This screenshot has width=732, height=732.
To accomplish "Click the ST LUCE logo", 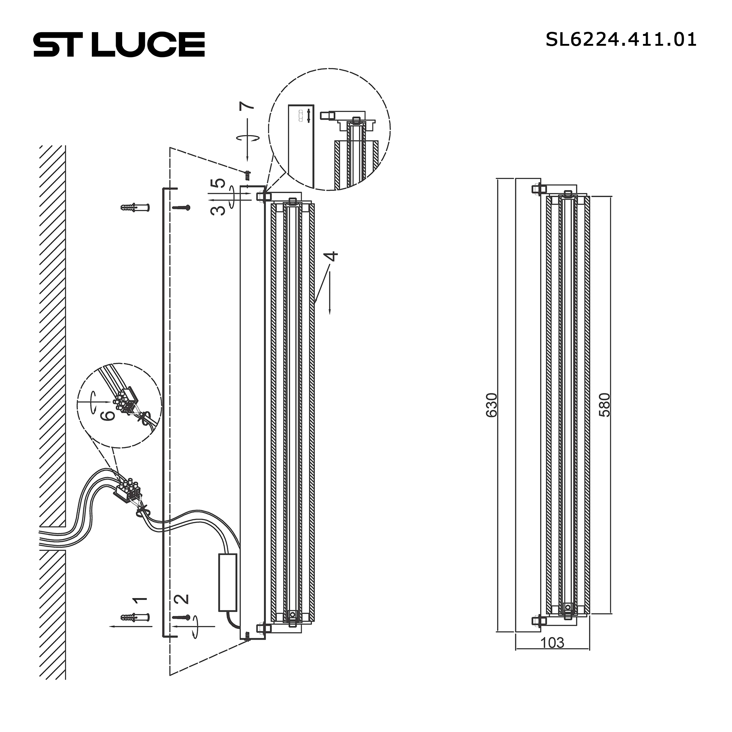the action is pos(119,44).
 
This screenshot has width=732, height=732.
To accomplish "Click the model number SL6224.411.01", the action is pos(621,40).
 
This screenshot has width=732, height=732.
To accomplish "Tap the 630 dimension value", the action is pos(492,405).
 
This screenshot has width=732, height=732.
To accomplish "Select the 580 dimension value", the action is pos(605,405).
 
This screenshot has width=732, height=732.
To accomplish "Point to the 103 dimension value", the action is pos(552,643).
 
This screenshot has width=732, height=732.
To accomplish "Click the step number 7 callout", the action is pos(247,106).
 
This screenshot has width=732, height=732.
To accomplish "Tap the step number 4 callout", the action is pos(332,256).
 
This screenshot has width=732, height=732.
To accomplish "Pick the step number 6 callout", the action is pos(108,415).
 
